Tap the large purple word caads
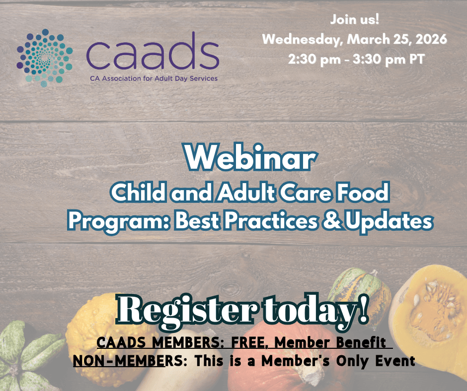tap(152, 53)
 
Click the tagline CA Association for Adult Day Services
tap(153, 78)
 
